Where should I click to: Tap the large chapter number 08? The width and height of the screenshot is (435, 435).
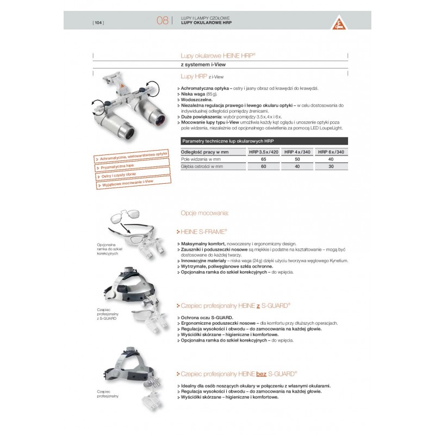(x=162, y=21)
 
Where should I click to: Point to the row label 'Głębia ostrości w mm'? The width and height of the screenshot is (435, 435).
(x=202, y=167)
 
